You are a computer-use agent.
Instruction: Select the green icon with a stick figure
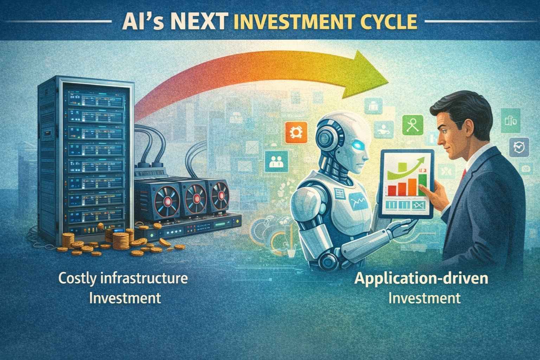coord(413,125)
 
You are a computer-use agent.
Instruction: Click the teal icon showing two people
coord(276,161)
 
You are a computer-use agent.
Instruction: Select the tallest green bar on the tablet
coord(422,185)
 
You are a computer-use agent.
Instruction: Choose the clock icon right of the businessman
coord(519,147)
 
